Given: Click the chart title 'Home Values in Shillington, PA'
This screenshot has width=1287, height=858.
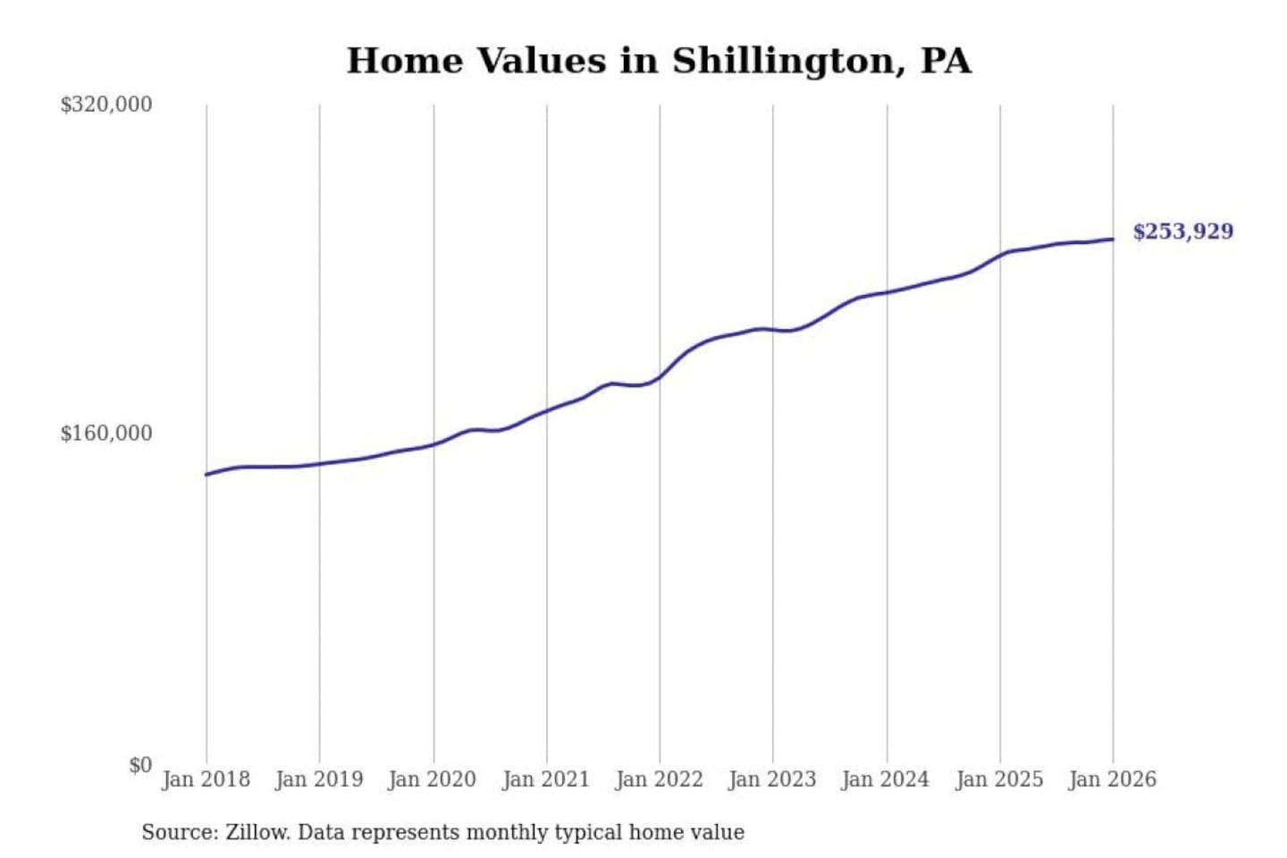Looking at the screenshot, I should pyautogui.click(x=659, y=61).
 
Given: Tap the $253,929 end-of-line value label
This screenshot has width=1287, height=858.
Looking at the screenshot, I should pyautogui.click(x=1182, y=231).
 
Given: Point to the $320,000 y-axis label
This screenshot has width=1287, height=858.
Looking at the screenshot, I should pyautogui.click(x=105, y=105).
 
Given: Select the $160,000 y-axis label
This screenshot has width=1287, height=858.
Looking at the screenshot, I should pyautogui.click(x=105, y=433).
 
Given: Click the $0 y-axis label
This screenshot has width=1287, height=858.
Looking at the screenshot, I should pyautogui.click(x=140, y=765).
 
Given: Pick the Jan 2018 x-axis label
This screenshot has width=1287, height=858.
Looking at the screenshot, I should pyautogui.click(x=206, y=779).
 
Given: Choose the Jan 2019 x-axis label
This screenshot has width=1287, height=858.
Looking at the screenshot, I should pyautogui.click(x=319, y=779).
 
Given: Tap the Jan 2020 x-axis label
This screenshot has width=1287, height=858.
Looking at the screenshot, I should pyautogui.click(x=433, y=779).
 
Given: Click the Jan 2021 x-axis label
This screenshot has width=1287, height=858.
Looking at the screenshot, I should pyautogui.click(x=546, y=779).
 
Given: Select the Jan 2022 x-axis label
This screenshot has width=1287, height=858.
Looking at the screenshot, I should pyautogui.click(x=660, y=779).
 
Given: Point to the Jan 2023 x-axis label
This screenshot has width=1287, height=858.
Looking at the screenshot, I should pyautogui.click(x=772, y=779).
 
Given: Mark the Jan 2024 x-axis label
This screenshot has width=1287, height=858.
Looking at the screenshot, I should pyautogui.click(x=886, y=779).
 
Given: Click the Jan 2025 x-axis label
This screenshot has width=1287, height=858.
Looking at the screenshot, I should pyautogui.click(x=999, y=779).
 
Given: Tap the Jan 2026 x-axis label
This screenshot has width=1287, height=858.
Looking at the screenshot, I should pyautogui.click(x=1113, y=779).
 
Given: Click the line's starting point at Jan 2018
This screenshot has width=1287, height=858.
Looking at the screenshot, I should pyautogui.click(x=206, y=475).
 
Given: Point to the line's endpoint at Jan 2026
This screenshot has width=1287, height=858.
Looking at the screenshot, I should pyautogui.click(x=1113, y=239).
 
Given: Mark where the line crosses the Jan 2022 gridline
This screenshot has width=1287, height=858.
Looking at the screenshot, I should pyautogui.click(x=660, y=377).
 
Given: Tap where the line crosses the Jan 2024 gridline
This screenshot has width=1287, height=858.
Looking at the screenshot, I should pyautogui.click(x=887, y=292).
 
